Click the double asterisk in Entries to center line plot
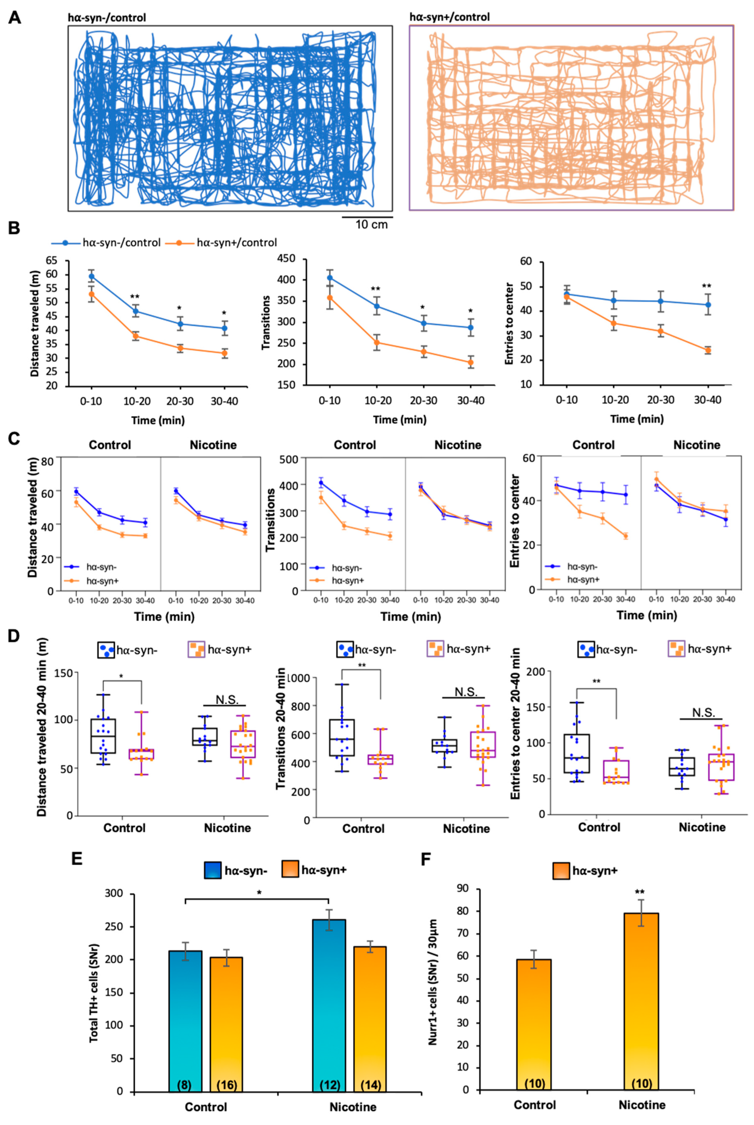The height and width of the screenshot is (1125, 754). pyautogui.click(x=706, y=287)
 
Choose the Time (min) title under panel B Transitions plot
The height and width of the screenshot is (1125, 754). pyautogui.click(x=400, y=420)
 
